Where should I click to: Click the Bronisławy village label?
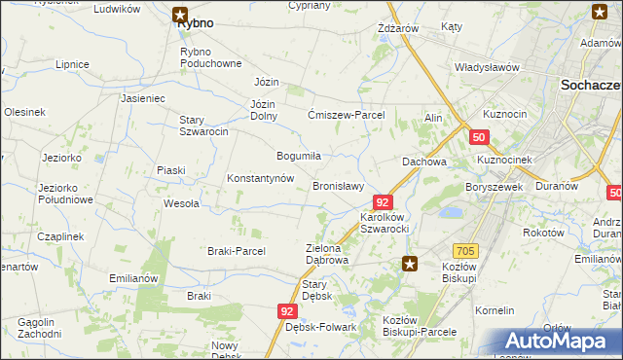point(338,186)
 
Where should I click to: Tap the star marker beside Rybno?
point(181,14)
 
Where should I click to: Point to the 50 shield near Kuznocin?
point(477,138)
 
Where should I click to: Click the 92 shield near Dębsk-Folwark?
point(285,311)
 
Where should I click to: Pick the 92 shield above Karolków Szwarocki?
point(383,202)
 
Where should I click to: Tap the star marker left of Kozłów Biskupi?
point(410,263)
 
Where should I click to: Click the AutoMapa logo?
point(563,342)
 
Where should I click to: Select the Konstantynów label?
point(260,179)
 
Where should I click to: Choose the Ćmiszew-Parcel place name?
point(346,115)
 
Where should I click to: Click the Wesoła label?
point(181,203)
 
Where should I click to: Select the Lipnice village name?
point(73,64)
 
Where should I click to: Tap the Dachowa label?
point(424,162)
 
